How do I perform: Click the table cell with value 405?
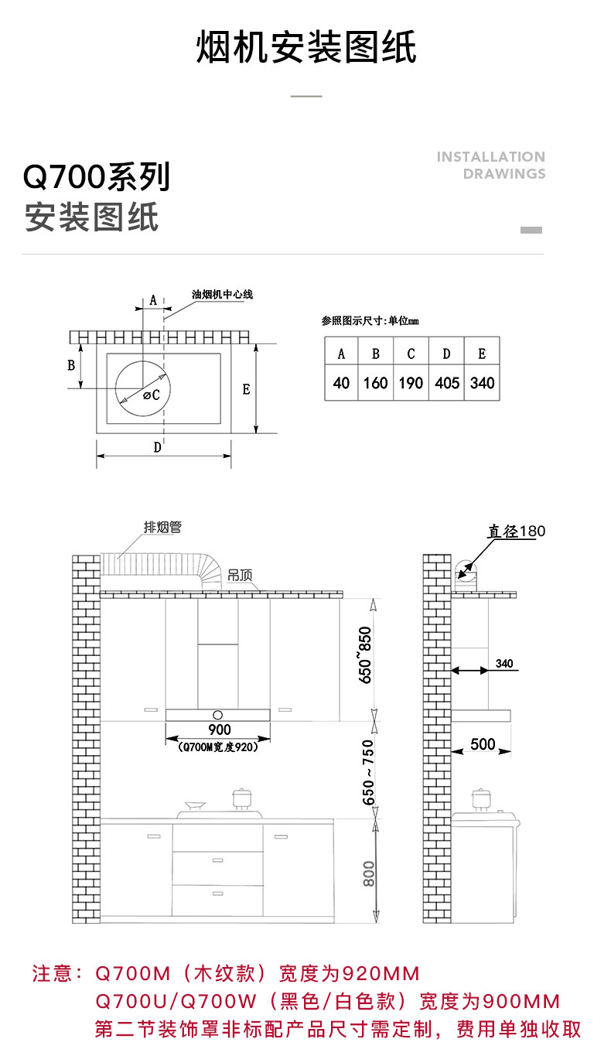(447, 383)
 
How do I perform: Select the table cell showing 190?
(411, 383)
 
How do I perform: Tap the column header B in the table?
(376, 354)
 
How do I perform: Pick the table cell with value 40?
(341, 383)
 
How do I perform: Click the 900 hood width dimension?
(220, 730)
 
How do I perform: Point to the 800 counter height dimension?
(369, 873)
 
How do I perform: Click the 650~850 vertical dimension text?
(366, 654)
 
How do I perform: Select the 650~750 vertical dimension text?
(368, 771)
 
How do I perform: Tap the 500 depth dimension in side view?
(483, 744)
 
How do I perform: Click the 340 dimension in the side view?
(504, 664)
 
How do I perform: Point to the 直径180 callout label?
(516, 531)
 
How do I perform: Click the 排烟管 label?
(162, 528)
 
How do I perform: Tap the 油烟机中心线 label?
(223, 295)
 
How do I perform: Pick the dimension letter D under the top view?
(158, 447)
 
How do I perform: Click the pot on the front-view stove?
(244, 798)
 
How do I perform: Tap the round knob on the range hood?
(218, 714)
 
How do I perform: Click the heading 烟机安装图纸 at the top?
(306, 48)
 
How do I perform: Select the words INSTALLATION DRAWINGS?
(491, 165)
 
